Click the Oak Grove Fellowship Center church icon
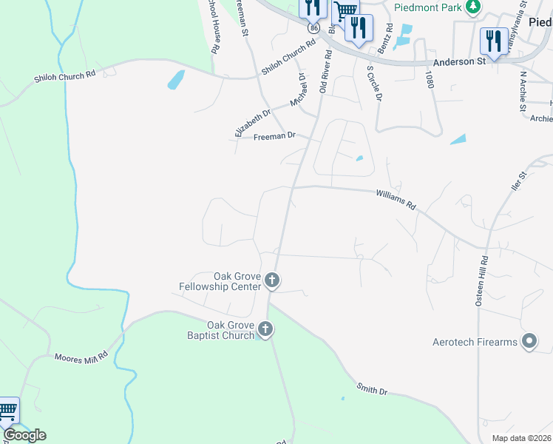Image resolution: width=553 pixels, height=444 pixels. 272,280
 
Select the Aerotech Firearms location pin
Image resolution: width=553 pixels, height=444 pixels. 529,341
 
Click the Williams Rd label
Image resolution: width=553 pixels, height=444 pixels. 396,199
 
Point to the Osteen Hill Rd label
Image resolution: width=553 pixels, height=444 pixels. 482,281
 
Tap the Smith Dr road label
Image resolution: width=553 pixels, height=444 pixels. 372,388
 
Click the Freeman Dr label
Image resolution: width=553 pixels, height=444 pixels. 274,136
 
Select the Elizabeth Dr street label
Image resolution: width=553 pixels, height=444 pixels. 248,120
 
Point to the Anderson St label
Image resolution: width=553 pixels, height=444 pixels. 460,62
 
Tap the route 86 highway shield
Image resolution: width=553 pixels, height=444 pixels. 315,27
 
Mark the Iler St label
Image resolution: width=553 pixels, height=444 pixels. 517,182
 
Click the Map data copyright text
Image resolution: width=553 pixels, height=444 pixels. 522,438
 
